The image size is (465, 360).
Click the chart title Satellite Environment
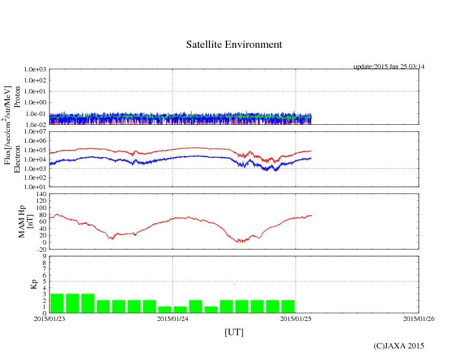click(x=234, y=45)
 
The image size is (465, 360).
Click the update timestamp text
click(x=389, y=67)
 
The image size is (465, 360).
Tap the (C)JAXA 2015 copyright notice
click(x=398, y=345)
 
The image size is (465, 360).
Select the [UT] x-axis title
click(x=234, y=332)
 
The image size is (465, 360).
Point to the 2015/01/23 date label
click(x=49, y=318)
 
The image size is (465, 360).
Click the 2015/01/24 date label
click(x=173, y=318)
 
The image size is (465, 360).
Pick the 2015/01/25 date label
click(x=296, y=318)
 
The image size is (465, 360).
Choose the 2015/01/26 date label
click(x=418, y=318)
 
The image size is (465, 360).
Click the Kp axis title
click(x=34, y=284)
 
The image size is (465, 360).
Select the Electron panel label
click(x=17, y=159)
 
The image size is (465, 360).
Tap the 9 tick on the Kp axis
click(x=45, y=256)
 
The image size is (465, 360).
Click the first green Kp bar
click(x=57, y=303)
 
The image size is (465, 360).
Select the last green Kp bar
click(x=287, y=306)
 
